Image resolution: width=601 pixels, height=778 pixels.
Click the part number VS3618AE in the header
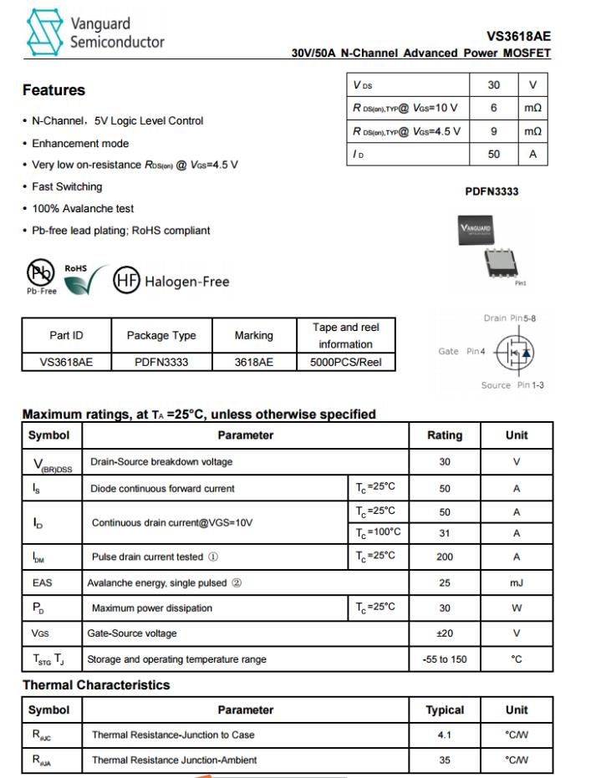(518, 37)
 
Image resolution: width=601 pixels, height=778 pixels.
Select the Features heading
(53, 90)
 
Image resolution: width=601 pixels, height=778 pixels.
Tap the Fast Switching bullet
(67, 186)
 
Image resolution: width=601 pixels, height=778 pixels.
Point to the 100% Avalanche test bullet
(83, 208)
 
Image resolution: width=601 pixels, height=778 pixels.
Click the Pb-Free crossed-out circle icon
(40, 277)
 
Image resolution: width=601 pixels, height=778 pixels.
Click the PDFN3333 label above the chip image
(491, 191)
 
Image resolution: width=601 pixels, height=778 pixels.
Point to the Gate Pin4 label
(461, 352)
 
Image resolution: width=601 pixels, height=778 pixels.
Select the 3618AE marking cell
(253, 363)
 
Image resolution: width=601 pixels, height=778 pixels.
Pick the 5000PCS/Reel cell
(345, 363)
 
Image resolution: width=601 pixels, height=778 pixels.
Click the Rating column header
(445, 435)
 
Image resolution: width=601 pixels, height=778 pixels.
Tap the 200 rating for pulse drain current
(445, 557)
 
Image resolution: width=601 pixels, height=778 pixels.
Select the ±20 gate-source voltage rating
(445, 633)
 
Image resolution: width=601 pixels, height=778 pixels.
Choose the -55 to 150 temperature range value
(445, 659)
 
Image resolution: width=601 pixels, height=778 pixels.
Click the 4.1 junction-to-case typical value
(445, 735)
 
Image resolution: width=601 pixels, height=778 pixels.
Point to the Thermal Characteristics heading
(96, 685)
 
